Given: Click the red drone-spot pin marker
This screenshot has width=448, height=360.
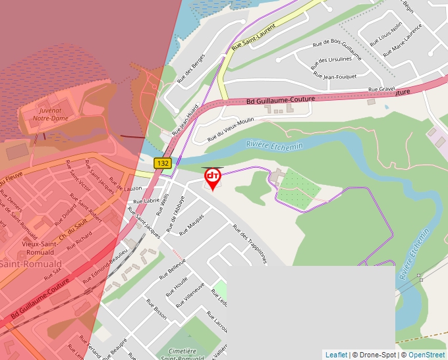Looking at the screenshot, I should tap(212, 178).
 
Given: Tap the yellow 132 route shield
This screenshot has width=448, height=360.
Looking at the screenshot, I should tap(163, 163).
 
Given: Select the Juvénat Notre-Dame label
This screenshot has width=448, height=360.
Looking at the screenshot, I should tap(50, 114).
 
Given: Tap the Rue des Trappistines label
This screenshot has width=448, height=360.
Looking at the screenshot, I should tap(250, 244).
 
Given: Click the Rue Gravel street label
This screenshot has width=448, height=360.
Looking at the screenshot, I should tap(381, 88).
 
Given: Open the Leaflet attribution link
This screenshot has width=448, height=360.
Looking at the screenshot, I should tap(336, 355).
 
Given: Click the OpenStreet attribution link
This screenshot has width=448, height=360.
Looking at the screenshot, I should tap(426, 355).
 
